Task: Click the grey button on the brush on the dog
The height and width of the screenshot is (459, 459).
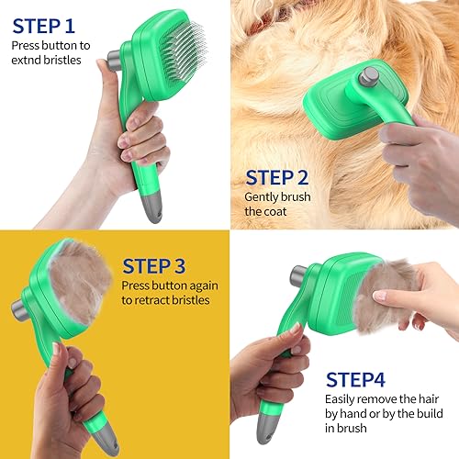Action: click(370, 75)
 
